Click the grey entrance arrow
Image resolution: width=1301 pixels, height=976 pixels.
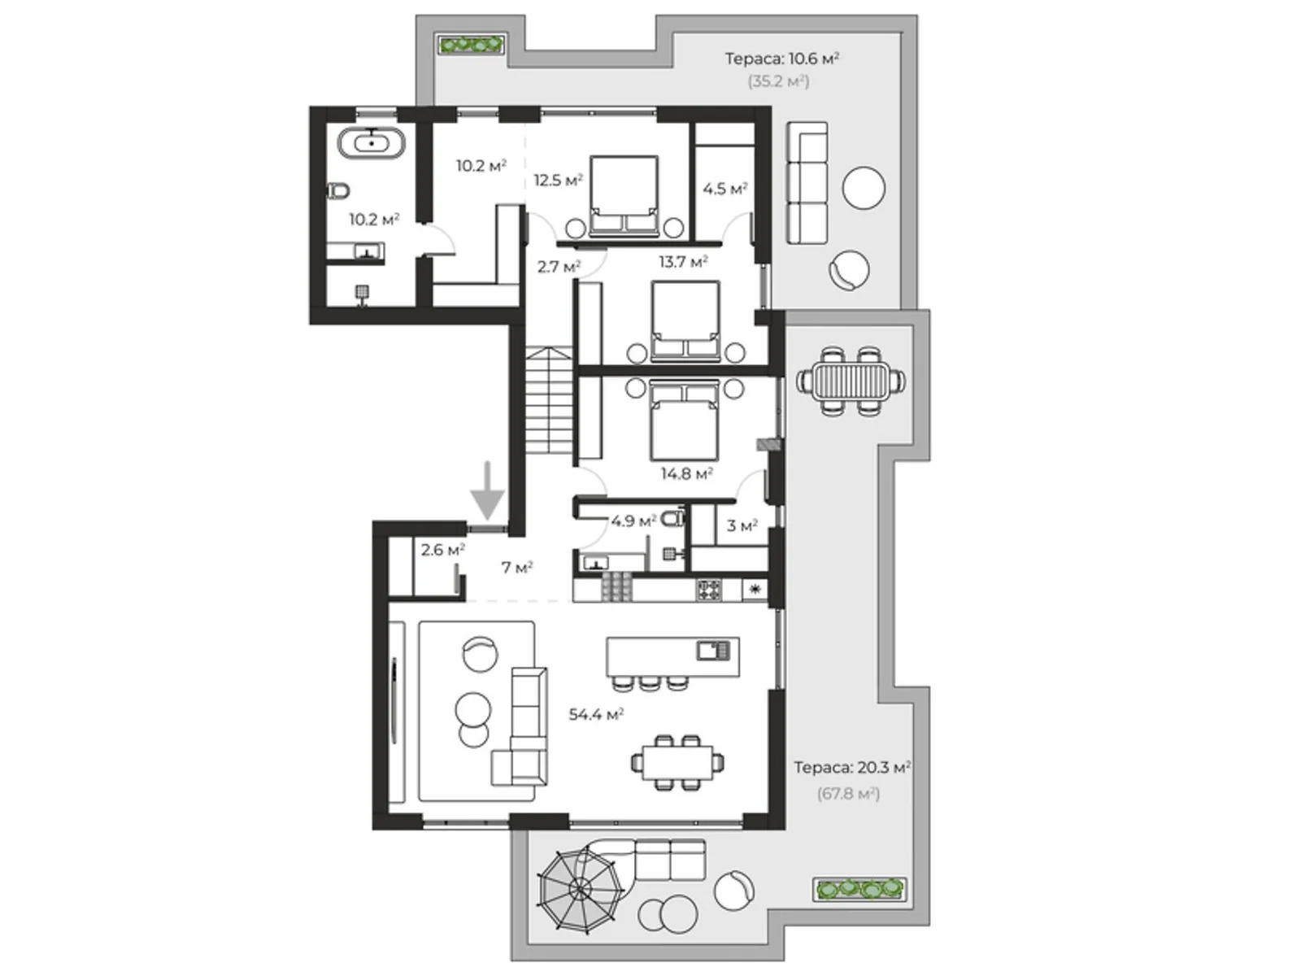pos(487,491)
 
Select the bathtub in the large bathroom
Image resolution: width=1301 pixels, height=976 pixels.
pos(372,143)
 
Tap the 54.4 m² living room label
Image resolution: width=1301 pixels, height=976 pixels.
pos(596,715)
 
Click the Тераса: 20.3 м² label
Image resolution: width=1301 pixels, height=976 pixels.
pos(852,768)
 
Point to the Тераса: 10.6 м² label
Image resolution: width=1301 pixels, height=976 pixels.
pos(782,59)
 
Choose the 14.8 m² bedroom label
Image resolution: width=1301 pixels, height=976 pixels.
pos(687,473)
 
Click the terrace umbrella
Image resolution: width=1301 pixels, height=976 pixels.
pos(580,888)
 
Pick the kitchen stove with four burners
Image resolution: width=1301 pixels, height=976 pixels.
pos(709,590)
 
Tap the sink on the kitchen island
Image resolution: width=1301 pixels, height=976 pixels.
pos(713,651)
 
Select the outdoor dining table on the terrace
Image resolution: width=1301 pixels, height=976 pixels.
pos(851,380)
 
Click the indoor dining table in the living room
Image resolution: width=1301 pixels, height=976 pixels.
pos(677,762)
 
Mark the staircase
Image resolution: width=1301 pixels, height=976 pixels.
pos(549,401)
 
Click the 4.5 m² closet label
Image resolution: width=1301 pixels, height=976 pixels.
pos(724,189)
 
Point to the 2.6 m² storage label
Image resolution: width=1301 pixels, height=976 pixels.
pos(443,550)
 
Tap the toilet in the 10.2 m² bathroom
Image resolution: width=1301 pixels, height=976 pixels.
pos(338,191)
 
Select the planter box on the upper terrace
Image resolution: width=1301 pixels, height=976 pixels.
pos(471,45)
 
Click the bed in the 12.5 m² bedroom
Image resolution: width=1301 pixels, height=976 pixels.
pos(624,195)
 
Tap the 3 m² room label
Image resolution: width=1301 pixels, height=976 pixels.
pos(742,525)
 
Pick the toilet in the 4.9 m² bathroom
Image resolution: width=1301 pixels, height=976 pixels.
pos(672,519)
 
